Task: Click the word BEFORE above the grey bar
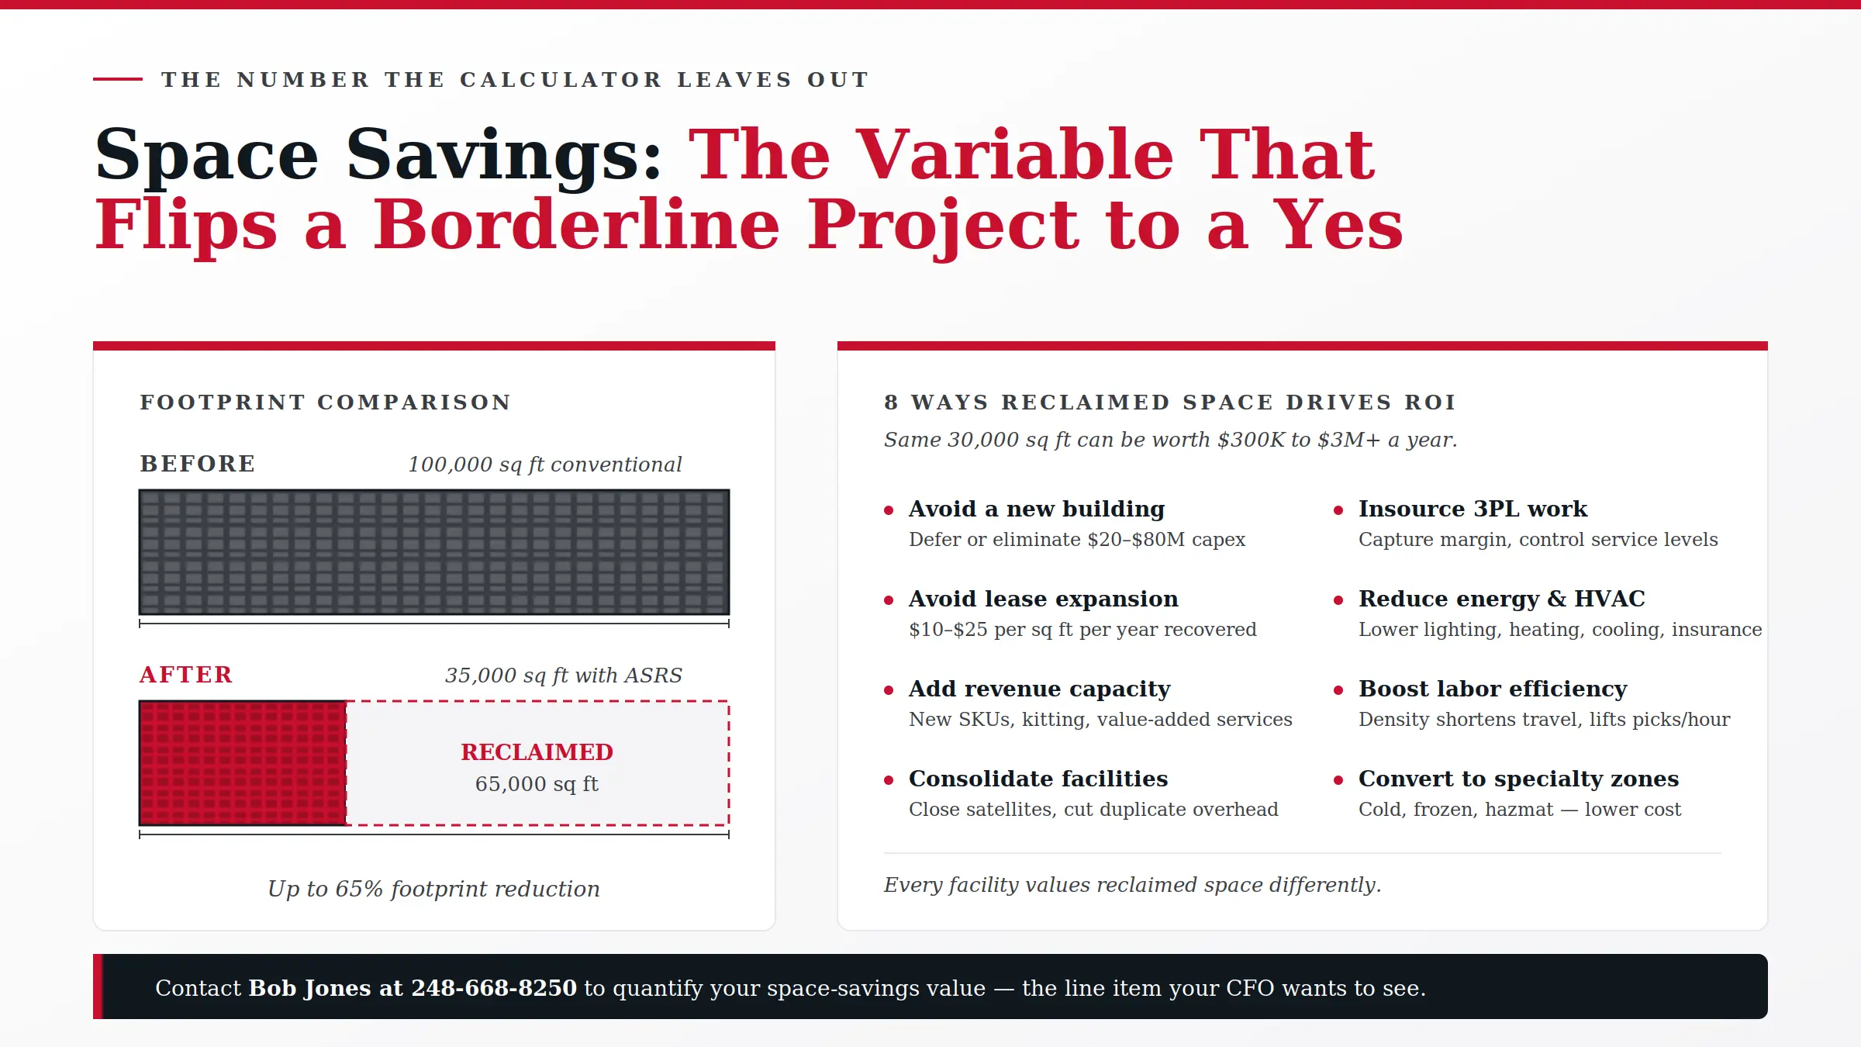click(198, 464)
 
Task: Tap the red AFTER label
click(186, 675)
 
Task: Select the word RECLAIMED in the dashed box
click(537, 752)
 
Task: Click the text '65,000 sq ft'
click(537, 784)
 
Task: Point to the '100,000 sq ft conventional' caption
click(545, 465)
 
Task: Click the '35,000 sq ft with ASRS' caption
click(564, 676)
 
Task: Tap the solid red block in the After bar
click(243, 763)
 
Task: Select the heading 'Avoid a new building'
click(1037, 509)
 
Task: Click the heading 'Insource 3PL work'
click(1473, 509)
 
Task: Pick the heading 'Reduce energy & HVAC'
click(1502, 599)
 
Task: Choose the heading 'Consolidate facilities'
click(1038, 779)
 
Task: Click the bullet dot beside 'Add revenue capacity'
click(889, 690)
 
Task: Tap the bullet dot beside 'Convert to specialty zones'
click(1338, 780)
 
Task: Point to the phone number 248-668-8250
click(494, 988)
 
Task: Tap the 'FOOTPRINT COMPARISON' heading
click(326, 403)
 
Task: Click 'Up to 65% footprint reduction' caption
click(434, 889)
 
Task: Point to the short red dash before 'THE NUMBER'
click(118, 79)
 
